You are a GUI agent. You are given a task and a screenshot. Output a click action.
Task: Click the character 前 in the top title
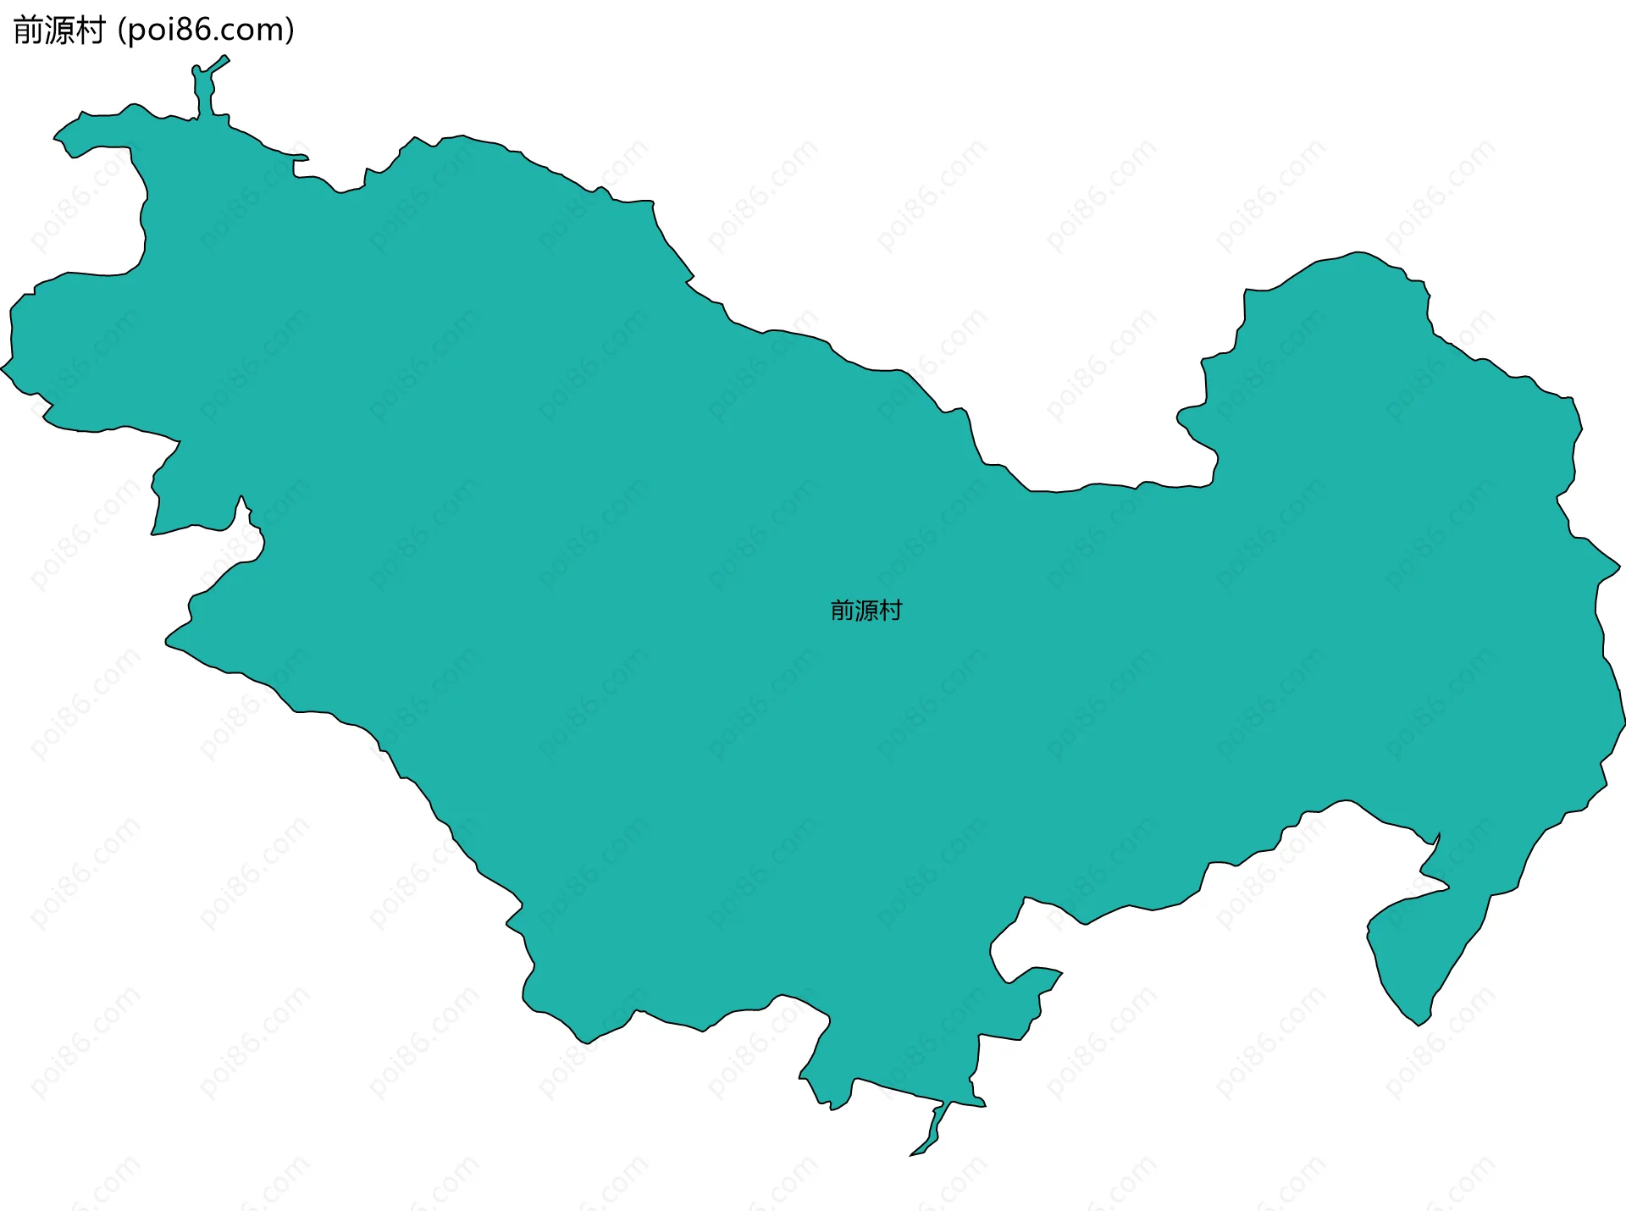pos(29,30)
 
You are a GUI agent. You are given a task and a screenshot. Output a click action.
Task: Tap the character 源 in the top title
pos(59,30)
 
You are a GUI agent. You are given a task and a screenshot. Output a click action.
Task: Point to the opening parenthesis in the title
pos(123,30)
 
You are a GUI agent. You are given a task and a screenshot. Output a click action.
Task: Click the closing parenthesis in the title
pos(290,30)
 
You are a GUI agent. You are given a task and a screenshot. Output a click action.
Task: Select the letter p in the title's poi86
pos(138,32)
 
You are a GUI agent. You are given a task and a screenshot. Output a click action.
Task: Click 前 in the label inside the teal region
pos(843,611)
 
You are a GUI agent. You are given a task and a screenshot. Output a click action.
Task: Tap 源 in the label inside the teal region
pos(866,611)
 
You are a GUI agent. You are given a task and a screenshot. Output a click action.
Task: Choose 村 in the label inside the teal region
pos(891,611)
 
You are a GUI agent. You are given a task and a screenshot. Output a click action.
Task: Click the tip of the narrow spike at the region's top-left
pos(225,58)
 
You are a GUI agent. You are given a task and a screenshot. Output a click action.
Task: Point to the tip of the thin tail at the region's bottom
pos(912,1154)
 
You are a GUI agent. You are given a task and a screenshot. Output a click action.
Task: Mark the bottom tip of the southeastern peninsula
pos(1419,1025)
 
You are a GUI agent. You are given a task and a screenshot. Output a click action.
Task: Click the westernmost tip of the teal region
pos(2,368)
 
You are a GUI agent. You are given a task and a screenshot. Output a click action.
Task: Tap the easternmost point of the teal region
pos(1623,720)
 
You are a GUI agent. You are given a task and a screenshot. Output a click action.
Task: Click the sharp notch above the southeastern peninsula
pos(1438,835)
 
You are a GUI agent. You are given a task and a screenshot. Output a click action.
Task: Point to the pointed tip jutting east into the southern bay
pos(1061,973)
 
